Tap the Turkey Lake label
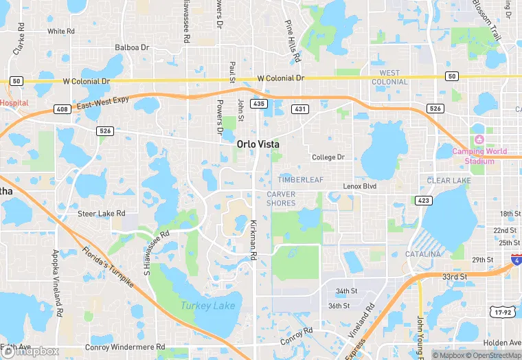(207, 306)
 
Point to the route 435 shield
(259, 103)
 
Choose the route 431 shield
(300, 109)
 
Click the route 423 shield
(423, 200)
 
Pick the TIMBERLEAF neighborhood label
(299, 180)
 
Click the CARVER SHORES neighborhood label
(281, 199)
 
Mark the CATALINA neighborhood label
(423, 254)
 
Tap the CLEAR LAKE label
(449, 181)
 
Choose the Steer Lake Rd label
(101, 214)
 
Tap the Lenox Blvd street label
(361, 186)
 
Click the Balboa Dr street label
(132, 47)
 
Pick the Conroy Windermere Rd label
(126, 347)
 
